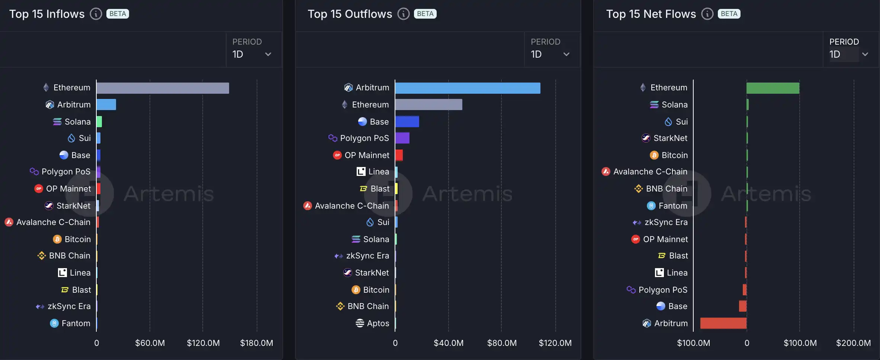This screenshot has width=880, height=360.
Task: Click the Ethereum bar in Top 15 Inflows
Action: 163,88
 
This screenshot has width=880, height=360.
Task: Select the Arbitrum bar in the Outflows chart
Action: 468,88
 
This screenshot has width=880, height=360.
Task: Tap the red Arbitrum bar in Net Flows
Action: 723,323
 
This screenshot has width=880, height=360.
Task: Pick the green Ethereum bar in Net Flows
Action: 773,88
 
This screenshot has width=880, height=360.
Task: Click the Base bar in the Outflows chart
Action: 407,122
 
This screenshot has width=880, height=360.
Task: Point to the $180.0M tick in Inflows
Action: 257,343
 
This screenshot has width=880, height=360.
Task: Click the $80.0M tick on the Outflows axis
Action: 502,343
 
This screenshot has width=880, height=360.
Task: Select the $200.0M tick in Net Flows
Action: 853,343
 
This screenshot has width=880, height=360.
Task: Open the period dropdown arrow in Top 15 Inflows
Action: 268,54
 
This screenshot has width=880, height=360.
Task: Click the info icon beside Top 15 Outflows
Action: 404,14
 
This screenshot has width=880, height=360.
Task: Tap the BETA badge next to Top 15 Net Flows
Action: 729,14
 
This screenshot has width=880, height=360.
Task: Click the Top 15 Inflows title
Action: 47,14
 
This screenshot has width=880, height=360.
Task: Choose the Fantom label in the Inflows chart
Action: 76,323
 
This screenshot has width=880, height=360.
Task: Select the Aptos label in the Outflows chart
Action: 378,323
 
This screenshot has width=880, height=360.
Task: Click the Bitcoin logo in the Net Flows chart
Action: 654,155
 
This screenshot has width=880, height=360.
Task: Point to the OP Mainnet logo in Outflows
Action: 337,155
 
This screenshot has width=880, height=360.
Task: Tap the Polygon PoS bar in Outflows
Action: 402,138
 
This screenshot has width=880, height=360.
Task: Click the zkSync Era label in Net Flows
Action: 666,222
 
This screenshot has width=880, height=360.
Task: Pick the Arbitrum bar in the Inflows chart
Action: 106,105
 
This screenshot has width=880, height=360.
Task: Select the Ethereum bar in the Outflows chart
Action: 428,105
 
